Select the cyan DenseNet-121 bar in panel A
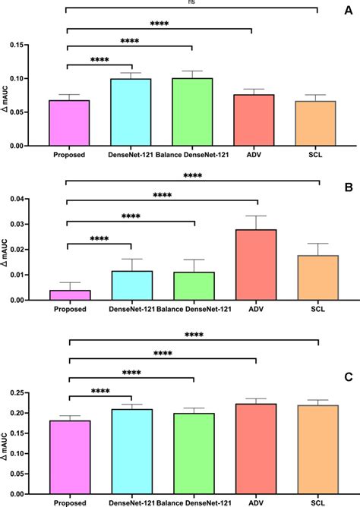coord(131,112)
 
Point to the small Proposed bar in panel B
coord(69,295)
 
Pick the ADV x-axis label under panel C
coord(256,503)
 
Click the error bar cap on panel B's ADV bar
coord(256,216)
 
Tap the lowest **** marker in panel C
coord(99,392)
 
